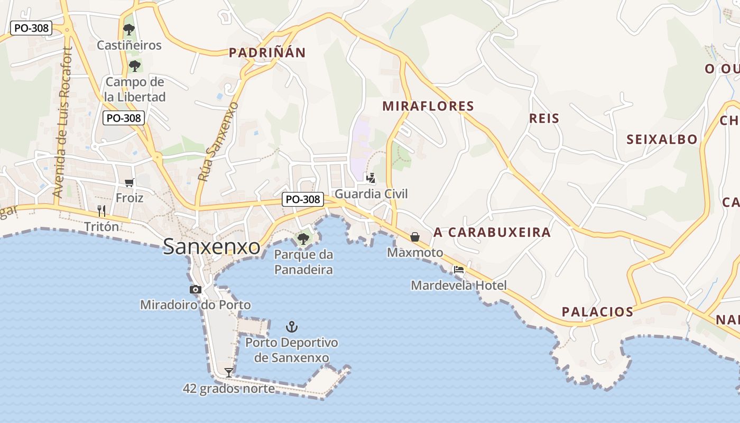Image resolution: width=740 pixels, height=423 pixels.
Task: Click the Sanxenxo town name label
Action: click(211, 247)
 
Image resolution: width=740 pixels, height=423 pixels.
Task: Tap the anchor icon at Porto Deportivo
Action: click(291, 327)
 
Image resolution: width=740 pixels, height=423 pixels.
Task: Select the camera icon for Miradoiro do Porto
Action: click(196, 289)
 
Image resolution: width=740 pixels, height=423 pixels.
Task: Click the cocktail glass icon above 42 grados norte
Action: click(228, 372)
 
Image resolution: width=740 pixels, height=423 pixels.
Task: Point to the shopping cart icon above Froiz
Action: click(129, 183)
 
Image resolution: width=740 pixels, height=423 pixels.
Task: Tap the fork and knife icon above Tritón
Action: click(101, 211)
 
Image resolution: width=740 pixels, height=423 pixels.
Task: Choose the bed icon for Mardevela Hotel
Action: click(458, 270)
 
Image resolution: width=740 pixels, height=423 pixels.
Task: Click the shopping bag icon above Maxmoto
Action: click(415, 236)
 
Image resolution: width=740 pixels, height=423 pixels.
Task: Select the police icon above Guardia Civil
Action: click(371, 178)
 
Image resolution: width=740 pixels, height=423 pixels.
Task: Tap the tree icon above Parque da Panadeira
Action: click(303, 238)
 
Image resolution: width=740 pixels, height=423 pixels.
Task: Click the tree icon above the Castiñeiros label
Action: click(128, 29)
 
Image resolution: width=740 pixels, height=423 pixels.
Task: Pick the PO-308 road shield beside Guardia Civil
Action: click(302, 199)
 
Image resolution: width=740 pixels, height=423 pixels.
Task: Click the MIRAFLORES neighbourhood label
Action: click(428, 106)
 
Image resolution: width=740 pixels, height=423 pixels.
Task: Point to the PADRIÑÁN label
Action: click(267, 52)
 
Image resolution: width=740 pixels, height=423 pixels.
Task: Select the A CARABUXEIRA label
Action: click(492, 233)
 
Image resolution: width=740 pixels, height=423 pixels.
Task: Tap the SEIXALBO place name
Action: click(662, 140)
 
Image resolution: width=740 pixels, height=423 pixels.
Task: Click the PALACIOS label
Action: click(597, 312)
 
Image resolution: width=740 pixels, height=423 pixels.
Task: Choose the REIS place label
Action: click(544, 118)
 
